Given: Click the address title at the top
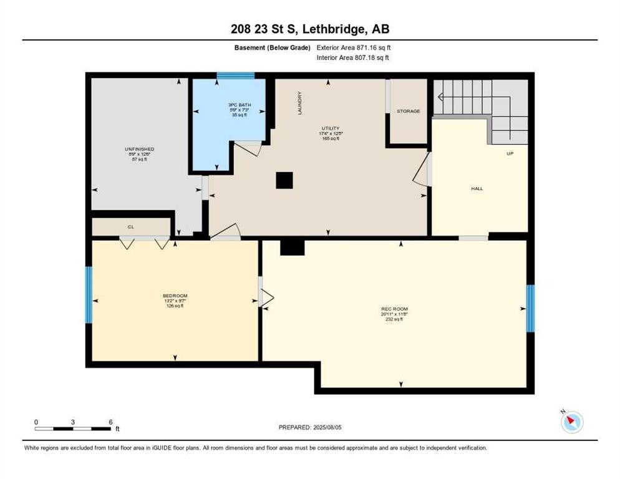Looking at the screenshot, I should click(309, 29).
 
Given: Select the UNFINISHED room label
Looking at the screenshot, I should click(139, 149).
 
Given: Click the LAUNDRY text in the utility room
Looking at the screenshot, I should click(300, 104).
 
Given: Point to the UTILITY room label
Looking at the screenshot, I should click(330, 128).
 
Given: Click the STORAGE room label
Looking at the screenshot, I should click(409, 111).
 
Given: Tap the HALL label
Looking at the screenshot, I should click(477, 188).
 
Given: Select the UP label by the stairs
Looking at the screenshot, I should click(510, 153).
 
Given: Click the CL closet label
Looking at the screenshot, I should click(131, 227).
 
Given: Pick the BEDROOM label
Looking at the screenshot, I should click(175, 296).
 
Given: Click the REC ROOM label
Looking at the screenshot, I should click(394, 309).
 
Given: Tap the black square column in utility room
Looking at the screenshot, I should click(284, 180).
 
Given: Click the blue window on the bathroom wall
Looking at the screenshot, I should click(236, 76).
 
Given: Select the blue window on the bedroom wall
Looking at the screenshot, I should click(89, 295).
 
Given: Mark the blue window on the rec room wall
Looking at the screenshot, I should click(530, 309).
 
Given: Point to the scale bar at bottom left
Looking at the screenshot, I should click(73, 428).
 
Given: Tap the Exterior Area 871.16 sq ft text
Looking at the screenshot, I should click(354, 47).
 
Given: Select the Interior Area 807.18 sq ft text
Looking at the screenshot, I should click(354, 58).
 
